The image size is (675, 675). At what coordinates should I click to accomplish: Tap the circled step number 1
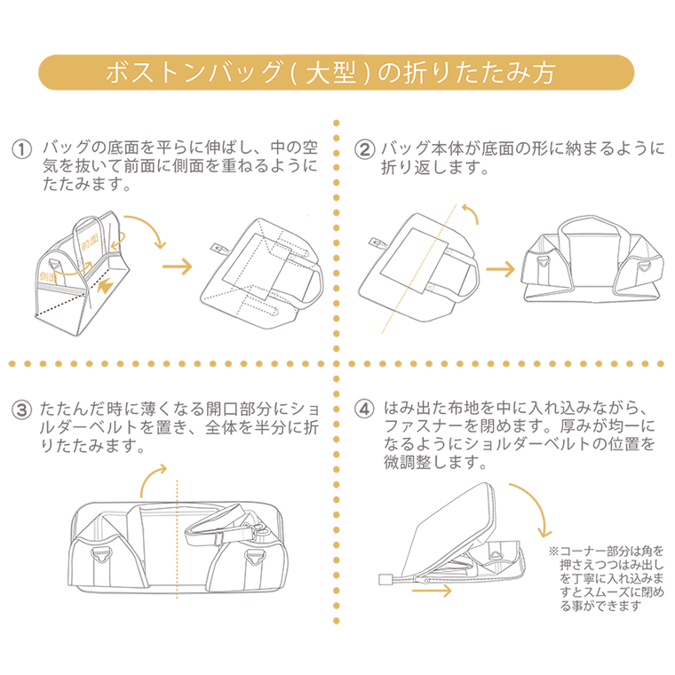pyautogui.click(x=21, y=147)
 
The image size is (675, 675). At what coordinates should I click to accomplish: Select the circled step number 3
pyautogui.click(x=21, y=410)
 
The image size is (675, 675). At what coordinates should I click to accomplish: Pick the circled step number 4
pyautogui.click(x=363, y=410)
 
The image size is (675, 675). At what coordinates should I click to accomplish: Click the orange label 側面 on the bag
pyautogui.click(x=51, y=279)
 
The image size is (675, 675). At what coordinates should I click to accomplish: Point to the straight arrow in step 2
pyautogui.click(x=503, y=268)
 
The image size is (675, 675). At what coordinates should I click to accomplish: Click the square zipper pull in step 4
pyautogui.click(x=386, y=579)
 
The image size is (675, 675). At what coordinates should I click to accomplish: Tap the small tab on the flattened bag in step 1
pyautogui.click(x=218, y=250)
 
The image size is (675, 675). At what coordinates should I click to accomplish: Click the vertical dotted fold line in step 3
pyautogui.click(x=178, y=533)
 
